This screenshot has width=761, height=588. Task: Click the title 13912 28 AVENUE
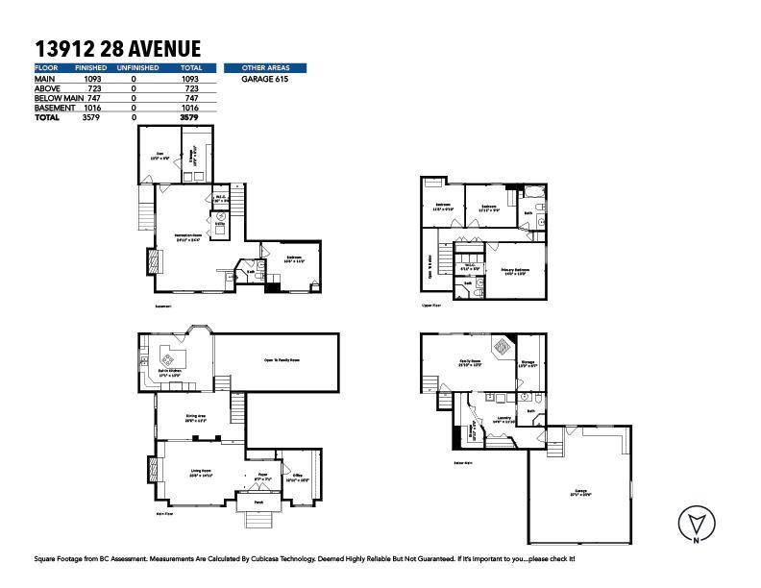pos(117,49)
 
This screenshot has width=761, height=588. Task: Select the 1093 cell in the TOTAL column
pos(190,79)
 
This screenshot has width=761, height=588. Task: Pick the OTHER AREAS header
pos(265,68)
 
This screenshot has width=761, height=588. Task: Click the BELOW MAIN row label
pos(53,98)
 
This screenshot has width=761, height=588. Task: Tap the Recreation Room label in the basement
pos(187,235)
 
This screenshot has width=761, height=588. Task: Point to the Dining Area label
pos(196,418)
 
